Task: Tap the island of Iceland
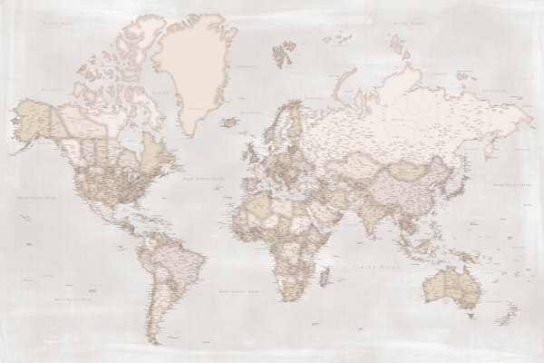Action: [x=230, y=121]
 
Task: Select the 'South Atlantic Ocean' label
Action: [x=238, y=289]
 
